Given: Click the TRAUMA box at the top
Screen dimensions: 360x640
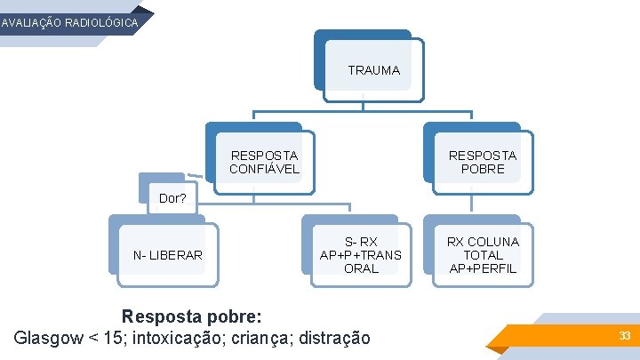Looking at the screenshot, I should coord(373,69).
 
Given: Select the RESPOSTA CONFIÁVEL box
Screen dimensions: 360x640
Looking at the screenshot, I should coord(264,162).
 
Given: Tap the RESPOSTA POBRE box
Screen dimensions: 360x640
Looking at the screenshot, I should coord(482,162).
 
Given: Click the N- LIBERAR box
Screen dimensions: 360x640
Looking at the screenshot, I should coord(167,256).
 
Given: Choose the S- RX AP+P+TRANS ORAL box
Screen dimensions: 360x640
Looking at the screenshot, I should coord(360,255).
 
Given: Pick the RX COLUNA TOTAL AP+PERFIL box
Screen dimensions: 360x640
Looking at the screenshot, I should coord(483,255).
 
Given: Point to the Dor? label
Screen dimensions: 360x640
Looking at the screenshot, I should coord(172,198).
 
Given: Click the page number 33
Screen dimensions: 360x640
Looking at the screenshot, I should coord(625,336).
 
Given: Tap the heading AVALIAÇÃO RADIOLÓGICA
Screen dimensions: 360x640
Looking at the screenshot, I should coord(70,23).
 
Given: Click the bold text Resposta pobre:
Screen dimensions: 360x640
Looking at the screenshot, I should coord(191,316).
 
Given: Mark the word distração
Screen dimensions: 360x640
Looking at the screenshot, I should coord(334,338).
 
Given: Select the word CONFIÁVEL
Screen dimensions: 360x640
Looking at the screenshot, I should coord(264,169).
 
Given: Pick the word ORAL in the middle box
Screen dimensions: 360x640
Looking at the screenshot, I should coord(360,268).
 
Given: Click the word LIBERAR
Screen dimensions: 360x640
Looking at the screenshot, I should coord(176,256).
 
